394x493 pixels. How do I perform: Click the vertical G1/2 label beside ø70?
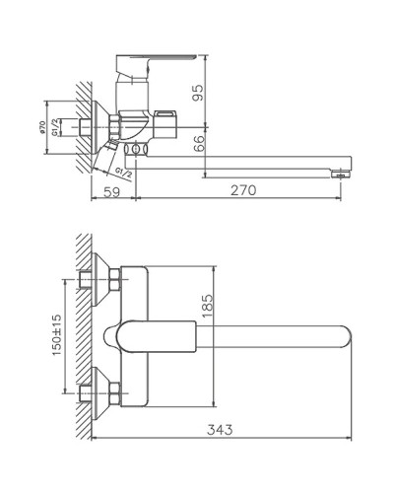57,125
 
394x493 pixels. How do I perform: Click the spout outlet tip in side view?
342,173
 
